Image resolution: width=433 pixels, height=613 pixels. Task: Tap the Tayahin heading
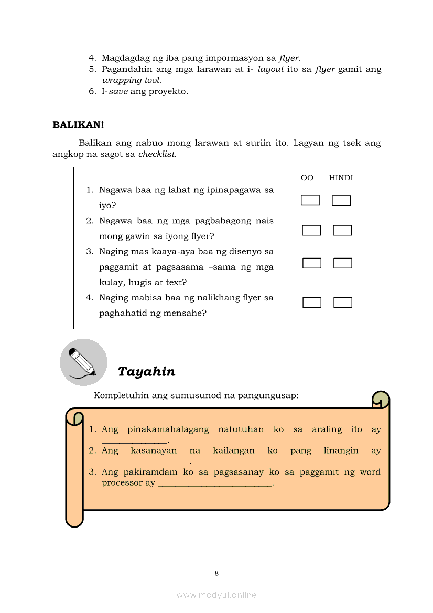[146, 371]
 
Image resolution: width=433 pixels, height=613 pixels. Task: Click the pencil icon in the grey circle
[83, 362]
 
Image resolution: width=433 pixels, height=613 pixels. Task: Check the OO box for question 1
[310, 200]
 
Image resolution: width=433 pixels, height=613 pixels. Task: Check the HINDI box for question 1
[341, 200]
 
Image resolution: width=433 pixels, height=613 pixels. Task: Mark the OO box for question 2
[311, 230]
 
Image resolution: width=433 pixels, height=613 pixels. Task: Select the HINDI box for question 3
[342, 263]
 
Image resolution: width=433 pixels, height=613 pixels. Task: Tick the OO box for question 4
[312, 303]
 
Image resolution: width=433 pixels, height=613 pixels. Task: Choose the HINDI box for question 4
[343, 303]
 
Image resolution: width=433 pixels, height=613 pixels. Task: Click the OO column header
[307, 178]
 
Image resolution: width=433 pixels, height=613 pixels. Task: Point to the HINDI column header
[341, 178]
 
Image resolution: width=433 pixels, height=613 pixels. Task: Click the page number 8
[216, 573]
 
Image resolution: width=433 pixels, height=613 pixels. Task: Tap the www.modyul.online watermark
[216, 595]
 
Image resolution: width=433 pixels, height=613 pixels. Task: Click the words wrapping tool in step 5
[131, 80]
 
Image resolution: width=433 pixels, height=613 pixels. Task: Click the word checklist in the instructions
[157, 154]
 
